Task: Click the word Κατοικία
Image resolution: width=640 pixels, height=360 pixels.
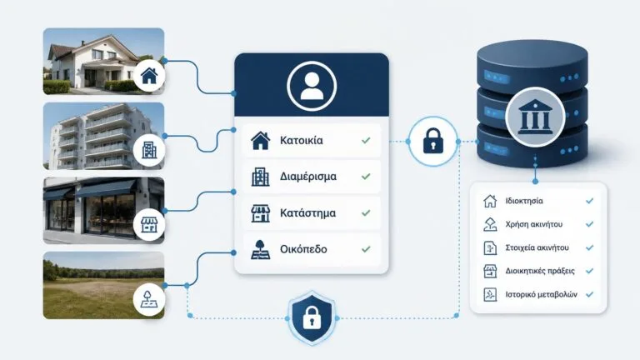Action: (301, 140)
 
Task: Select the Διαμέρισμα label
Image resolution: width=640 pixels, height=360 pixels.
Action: (308, 177)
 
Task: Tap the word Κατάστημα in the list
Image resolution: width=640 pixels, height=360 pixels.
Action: (307, 213)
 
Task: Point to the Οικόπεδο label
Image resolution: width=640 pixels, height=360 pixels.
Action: (303, 249)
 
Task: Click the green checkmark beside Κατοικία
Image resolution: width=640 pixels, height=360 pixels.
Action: (366, 140)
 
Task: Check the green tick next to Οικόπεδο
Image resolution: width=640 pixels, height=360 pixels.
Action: (366, 249)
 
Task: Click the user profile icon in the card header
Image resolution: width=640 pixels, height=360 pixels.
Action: (312, 86)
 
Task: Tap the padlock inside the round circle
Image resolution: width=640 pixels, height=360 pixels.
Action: (433, 141)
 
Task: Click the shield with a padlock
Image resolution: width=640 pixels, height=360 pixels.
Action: (312, 317)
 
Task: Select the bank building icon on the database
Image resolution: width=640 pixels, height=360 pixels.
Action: (535, 117)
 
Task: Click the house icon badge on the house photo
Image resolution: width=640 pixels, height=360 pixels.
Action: (149, 76)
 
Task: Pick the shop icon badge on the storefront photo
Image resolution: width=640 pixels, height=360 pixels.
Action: (149, 225)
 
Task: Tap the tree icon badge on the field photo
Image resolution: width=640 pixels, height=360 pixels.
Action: (149, 300)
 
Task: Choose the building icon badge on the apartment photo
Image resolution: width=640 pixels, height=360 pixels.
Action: (149, 150)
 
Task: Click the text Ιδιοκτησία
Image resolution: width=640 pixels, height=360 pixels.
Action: (524, 201)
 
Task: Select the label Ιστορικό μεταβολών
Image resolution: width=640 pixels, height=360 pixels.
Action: (541, 294)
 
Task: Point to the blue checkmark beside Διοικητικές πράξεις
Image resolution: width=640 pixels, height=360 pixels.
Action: (589, 271)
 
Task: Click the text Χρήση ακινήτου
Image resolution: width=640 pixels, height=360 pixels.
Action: (534, 224)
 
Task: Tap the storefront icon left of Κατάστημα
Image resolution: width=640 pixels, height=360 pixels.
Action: (260, 213)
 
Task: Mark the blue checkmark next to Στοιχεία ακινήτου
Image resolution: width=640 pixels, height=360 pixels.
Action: (589, 247)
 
